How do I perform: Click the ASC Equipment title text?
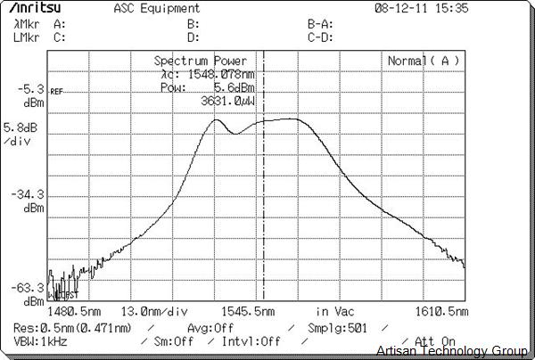pyautogui.click(x=157, y=9)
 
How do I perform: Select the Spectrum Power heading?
pyautogui.click(x=201, y=61)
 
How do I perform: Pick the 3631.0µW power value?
pyautogui.click(x=227, y=102)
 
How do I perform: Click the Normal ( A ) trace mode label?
pyautogui.click(x=423, y=61)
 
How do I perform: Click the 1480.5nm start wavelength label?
pyautogui.click(x=74, y=312)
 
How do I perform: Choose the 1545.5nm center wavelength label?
pyautogui.click(x=249, y=312)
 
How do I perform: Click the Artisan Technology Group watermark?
pyautogui.click(x=454, y=351)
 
